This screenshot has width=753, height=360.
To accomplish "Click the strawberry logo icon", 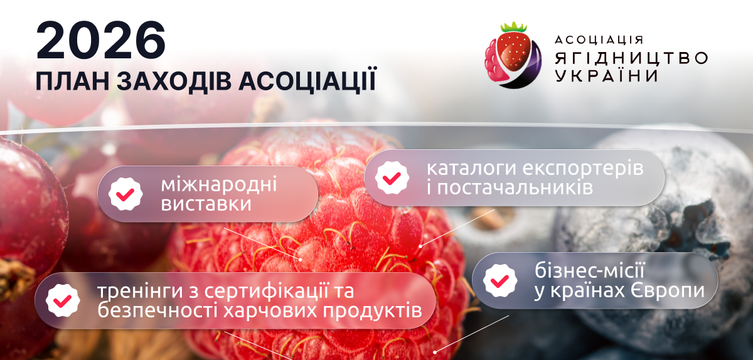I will click(x=512, y=55).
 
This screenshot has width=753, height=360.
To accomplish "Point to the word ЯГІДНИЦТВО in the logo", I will click(x=631, y=58).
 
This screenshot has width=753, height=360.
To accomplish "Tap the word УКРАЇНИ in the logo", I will click(x=606, y=76).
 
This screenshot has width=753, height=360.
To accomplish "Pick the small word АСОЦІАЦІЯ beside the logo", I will click(x=599, y=40).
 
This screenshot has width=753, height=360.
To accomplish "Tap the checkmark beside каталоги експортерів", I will click(x=392, y=177).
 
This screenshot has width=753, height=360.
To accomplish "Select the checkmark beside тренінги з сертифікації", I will click(x=62, y=300).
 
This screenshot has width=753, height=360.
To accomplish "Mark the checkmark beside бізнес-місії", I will click(x=499, y=280).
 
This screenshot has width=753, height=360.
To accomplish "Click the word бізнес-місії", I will click(x=590, y=272).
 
